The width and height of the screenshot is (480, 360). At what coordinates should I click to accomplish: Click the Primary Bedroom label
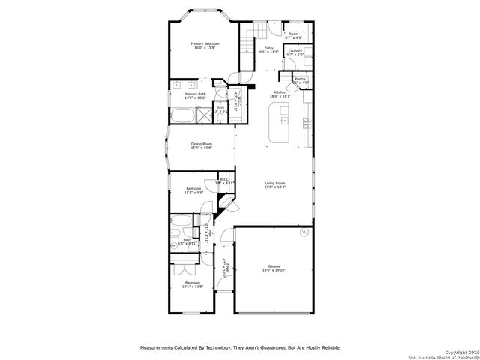tap(202, 44)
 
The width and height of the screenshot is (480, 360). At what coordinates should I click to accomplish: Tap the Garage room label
tap(274, 265)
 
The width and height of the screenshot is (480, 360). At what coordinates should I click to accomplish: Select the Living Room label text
tap(275, 182)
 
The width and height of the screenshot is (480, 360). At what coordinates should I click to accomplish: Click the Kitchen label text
tap(279, 92)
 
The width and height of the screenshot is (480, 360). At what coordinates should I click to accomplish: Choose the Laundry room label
tap(295, 51)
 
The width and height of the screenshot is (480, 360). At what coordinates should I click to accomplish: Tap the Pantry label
tap(300, 79)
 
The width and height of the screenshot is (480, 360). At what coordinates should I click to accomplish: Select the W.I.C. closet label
tap(225, 179)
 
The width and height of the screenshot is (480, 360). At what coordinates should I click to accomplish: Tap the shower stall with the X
tap(203, 115)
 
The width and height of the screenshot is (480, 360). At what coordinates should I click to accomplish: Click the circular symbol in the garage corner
tap(303, 234)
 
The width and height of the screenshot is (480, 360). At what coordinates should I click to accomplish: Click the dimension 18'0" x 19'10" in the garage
tap(274, 270)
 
